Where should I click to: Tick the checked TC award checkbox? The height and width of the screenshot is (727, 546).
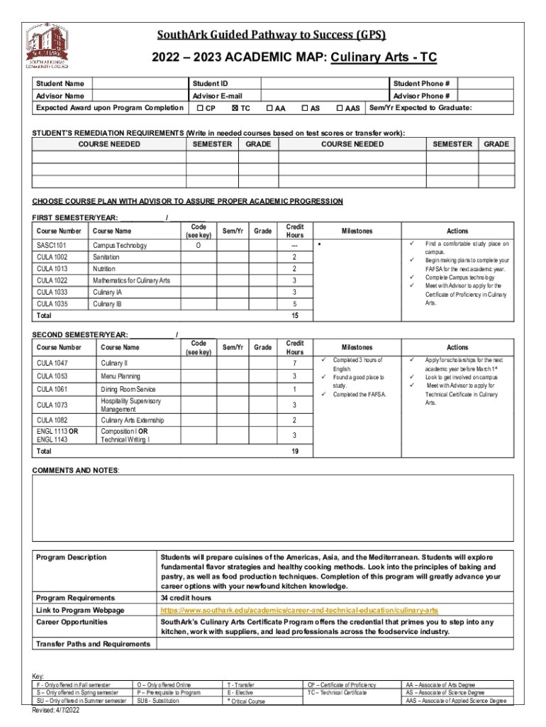point(235,109)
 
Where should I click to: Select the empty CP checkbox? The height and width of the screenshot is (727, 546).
point(200,109)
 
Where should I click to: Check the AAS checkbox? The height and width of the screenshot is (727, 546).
point(340,109)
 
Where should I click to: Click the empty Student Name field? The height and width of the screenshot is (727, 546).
point(139,84)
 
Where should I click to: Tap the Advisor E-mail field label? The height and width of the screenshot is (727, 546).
point(217,96)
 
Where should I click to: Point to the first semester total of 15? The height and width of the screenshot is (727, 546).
point(294,315)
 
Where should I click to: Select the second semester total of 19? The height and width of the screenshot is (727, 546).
point(294,451)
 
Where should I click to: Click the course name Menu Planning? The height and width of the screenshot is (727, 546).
point(120,376)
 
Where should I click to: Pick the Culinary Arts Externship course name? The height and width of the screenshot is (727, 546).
point(133,420)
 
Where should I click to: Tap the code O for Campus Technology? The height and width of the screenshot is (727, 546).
point(198,246)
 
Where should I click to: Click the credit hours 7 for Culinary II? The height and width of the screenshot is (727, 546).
point(294,363)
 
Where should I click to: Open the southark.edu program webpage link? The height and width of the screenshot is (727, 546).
point(300,611)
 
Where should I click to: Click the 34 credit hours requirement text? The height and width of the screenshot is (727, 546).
point(186,598)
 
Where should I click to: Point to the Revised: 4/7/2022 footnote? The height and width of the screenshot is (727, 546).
point(60,709)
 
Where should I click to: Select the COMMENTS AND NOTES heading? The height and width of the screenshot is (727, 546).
point(76,471)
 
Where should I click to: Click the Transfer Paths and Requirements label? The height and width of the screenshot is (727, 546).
point(93,643)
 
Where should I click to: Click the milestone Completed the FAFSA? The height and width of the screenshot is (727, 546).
point(360,394)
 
